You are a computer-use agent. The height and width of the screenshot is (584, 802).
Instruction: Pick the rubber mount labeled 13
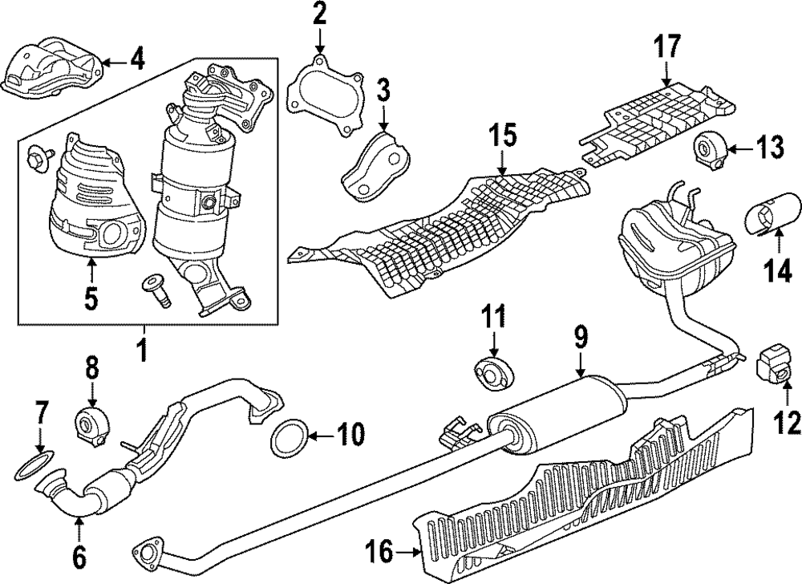pyautogui.click(x=707, y=149)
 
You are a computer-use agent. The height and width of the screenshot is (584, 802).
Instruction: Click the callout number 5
pyautogui.click(x=91, y=298)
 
